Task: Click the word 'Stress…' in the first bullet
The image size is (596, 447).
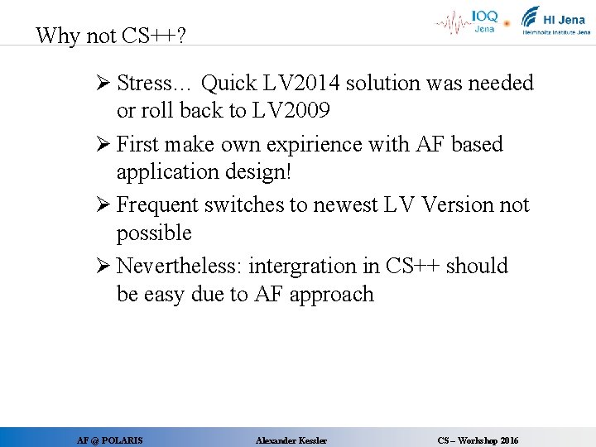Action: (155, 84)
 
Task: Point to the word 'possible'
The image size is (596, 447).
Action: (154, 233)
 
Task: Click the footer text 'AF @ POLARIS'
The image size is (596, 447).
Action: (109, 440)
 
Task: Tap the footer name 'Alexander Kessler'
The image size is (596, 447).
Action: (291, 440)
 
